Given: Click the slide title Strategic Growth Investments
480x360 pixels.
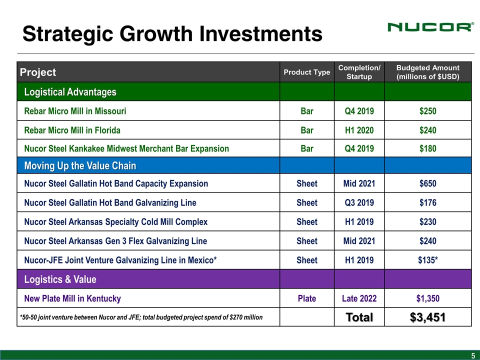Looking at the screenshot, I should click(x=172, y=33).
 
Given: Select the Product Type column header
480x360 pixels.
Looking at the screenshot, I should click(x=306, y=72).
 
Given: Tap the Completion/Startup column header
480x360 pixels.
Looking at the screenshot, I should click(x=359, y=72).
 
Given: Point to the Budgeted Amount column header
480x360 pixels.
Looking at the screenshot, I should click(x=427, y=72).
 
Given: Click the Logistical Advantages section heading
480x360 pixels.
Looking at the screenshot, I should click(x=70, y=92).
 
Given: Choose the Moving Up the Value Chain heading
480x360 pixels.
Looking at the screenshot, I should click(x=80, y=165).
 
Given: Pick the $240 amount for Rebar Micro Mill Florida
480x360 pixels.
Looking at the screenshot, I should click(x=427, y=130).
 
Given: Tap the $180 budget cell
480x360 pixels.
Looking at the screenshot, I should click(x=427, y=148).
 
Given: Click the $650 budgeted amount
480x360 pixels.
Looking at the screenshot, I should click(x=427, y=183).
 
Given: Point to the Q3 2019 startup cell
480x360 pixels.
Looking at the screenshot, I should click(x=359, y=202).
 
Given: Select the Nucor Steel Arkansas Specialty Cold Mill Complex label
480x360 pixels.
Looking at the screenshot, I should click(x=115, y=221).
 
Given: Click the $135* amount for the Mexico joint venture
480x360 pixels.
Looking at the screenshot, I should click(x=427, y=260).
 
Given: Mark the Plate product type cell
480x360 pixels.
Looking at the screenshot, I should click(x=306, y=298).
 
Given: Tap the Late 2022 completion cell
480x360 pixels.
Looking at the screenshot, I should click(x=359, y=298).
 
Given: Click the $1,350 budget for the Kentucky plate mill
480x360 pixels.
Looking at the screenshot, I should click(x=427, y=298).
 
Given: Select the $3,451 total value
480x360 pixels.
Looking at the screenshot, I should click(x=427, y=317).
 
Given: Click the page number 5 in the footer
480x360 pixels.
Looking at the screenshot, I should click(x=472, y=355).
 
